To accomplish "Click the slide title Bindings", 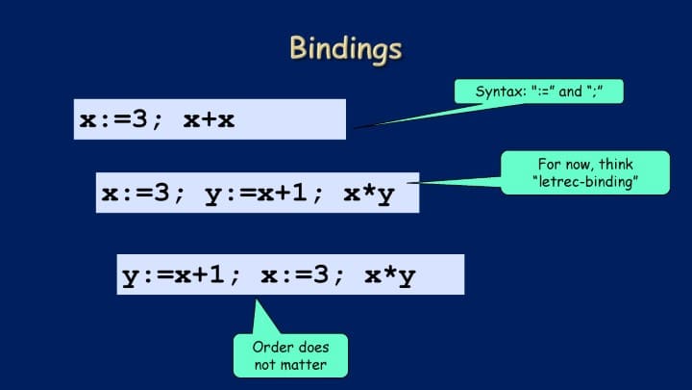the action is coord(346,49).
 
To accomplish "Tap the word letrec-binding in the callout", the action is coord(585,182).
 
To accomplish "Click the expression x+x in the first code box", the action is coord(209,120).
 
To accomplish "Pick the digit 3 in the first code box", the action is coord(139,119).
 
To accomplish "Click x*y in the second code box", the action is coord(369,195).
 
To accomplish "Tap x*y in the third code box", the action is coord(390,276).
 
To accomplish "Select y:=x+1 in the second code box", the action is coord(256,195).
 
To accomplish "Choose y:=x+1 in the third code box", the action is coord(173,276).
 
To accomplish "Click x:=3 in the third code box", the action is coord(295,275).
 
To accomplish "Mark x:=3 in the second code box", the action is coord(136,194).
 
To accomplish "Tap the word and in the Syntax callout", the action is coord(570,91).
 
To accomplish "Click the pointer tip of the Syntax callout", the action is coord(355,129).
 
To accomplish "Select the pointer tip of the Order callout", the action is coord(257,300).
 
